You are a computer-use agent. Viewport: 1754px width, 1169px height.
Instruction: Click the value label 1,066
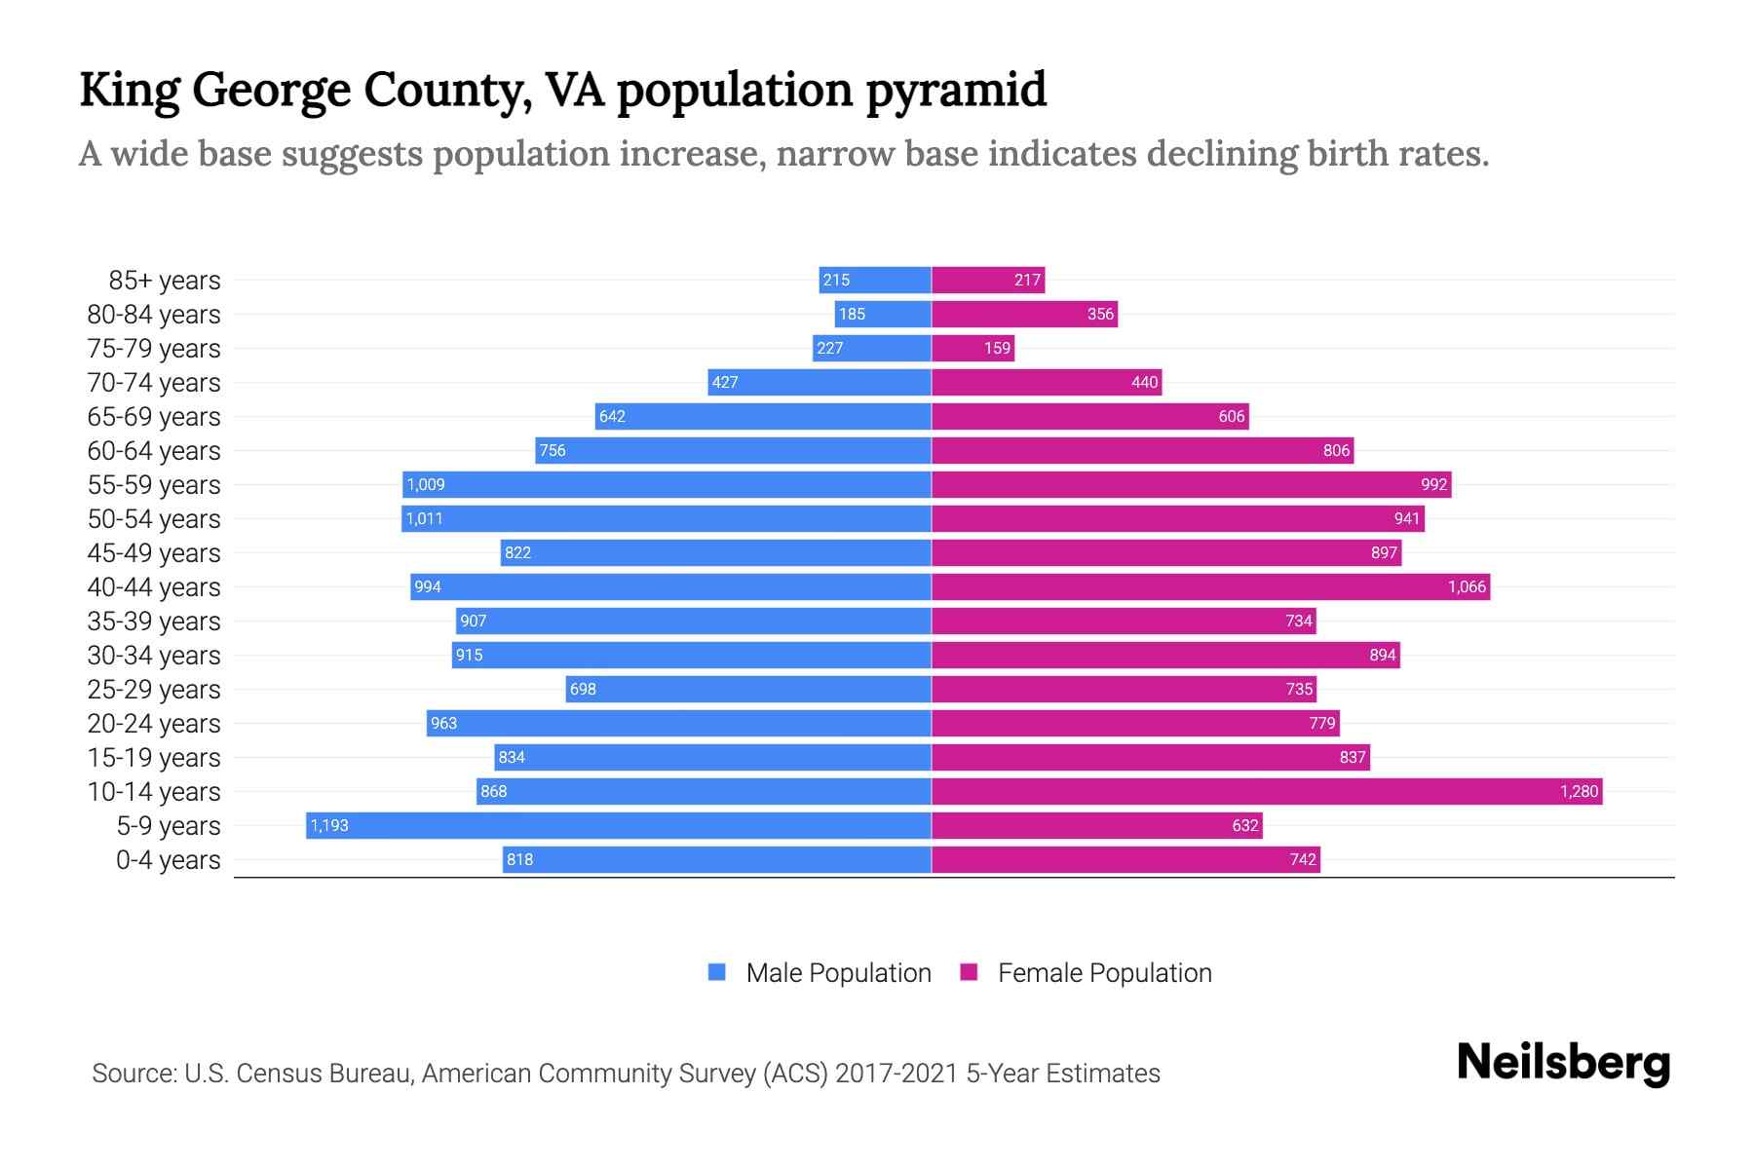tap(1467, 586)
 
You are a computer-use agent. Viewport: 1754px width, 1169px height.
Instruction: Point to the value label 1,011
tap(425, 518)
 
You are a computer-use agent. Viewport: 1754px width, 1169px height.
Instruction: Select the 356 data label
tap(1100, 314)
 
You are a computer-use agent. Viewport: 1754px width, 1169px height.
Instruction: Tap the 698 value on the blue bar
tap(583, 689)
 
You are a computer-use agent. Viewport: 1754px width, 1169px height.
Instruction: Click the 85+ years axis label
tap(165, 281)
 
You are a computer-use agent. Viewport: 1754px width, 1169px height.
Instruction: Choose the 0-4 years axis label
tap(168, 860)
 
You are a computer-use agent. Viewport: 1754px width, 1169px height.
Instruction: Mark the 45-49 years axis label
tap(154, 553)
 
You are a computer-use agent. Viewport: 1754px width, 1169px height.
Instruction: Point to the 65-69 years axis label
tap(154, 417)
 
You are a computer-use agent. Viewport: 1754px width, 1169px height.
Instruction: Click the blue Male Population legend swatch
tap(717, 972)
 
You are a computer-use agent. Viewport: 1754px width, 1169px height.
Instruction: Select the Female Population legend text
tap(1104, 973)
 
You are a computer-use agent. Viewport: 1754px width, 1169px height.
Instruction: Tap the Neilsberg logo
tap(1563, 1063)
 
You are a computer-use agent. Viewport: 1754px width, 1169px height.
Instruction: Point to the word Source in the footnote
tap(133, 1074)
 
